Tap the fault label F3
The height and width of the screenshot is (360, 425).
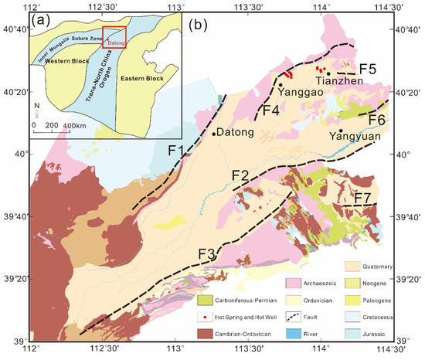pos(206,253)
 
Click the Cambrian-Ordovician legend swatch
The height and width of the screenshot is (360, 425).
pos(205,334)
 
